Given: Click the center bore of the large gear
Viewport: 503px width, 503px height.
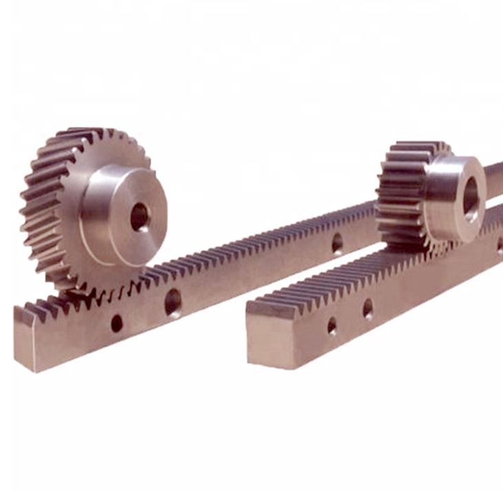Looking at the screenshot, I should [x=139, y=216].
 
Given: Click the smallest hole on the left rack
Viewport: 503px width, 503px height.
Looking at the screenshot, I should [x=116, y=322].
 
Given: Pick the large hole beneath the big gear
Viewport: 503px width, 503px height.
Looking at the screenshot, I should [x=172, y=302].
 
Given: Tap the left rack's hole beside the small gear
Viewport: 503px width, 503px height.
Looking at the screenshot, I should [x=337, y=243].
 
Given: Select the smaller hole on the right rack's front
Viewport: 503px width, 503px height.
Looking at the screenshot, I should [x=332, y=325].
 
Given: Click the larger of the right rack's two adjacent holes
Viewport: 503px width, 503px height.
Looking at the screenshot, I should [x=368, y=308].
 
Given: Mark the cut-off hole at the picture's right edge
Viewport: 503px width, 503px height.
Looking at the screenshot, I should [x=499, y=243].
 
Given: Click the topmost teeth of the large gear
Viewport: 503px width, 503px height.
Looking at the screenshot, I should [x=90, y=132].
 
